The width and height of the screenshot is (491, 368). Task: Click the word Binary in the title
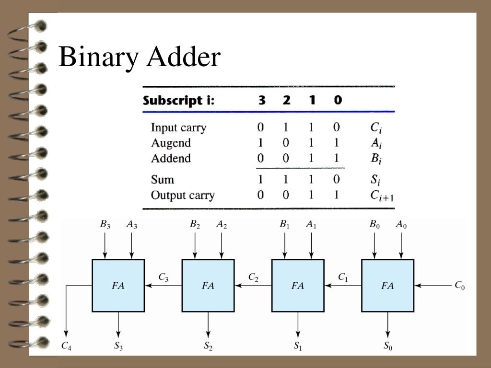click(x=98, y=57)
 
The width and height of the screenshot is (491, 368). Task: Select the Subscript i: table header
click(x=178, y=101)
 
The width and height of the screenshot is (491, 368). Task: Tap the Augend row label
click(x=171, y=143)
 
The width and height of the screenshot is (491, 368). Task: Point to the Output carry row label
click(x=183, y=195)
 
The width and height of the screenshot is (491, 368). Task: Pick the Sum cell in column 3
click(x=260, y=180)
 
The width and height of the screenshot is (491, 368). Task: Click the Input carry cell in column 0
click(x=337, y=127)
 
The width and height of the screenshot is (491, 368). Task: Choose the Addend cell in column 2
click(x=286, y=159)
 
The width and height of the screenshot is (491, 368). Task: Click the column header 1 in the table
click(x=312, y=101)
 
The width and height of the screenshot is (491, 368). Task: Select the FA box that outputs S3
click(x=118, y=286)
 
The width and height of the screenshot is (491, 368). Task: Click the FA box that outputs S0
click(x=387, y=286)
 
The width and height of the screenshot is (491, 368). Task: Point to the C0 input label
click(x=459, y=286)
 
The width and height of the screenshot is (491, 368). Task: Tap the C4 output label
click(x=66, y=346)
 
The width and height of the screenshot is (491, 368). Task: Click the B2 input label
click(x=195, y=224)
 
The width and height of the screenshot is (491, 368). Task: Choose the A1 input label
click(x=311, y=224)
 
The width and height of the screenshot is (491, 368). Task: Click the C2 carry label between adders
click(x=253, y=277)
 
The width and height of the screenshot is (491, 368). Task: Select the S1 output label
click(x=298, y=346)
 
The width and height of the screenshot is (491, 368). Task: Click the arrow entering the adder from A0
click(x=401, y=244)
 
